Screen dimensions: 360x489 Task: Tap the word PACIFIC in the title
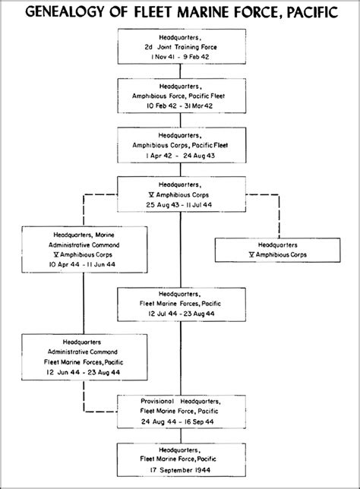(312, 12)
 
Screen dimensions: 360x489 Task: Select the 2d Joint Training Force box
(182, 46)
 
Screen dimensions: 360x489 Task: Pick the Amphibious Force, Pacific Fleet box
(182, 96)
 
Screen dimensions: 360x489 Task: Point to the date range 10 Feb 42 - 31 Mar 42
(180, 106)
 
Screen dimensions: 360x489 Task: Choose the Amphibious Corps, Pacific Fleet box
(182, 145)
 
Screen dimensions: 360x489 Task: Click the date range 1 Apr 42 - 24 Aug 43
(180, 156)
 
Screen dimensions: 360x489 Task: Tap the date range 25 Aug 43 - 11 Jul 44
(179, 205)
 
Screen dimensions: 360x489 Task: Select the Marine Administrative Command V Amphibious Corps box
(84, 250)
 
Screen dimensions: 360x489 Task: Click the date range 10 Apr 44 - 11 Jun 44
(82, 264)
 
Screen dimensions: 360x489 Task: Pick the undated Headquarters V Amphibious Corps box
(278, 250)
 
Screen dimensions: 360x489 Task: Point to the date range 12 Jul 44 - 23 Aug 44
(182, 314)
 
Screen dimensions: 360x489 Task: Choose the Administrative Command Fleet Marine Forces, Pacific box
(84, 357)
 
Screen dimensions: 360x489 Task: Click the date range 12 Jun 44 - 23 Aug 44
(83, 372)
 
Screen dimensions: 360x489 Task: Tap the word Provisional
(157, 401)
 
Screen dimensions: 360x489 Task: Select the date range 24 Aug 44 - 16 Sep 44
(178, 421)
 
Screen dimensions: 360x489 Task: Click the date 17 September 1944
(180, 470)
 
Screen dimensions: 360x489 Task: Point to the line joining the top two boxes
(180, 71)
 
